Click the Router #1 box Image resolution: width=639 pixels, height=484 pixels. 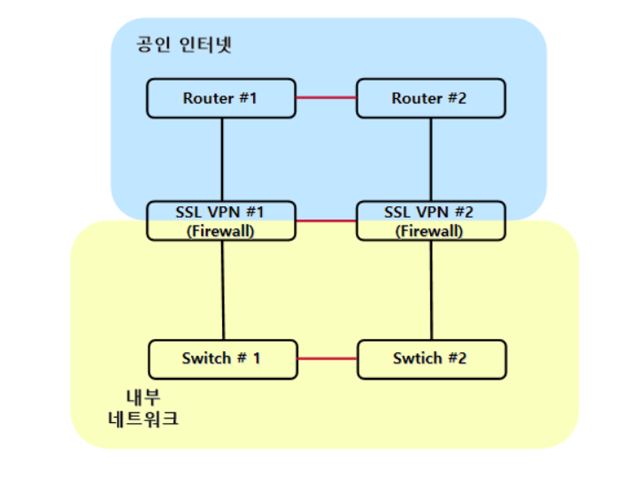220,98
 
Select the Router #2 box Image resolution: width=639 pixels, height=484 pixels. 430,98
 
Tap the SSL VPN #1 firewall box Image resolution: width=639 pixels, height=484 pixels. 220,221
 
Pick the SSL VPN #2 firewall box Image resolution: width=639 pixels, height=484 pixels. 430,221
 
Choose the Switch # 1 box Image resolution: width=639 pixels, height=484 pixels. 221,358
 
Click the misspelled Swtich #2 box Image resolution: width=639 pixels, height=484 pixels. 431,358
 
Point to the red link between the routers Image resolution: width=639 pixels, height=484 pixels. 325,98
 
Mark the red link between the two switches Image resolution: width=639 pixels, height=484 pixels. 326,358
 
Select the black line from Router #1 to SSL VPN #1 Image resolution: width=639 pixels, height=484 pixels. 221,159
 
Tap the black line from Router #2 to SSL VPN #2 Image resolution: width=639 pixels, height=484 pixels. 431,159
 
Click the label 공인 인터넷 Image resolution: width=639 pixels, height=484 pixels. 184,44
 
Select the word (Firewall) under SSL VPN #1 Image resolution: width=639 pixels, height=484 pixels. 220,231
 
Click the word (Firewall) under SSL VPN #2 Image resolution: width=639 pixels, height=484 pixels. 430,231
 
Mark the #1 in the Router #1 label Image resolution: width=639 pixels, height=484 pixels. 249,98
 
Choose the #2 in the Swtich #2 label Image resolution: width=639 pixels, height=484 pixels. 457,358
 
